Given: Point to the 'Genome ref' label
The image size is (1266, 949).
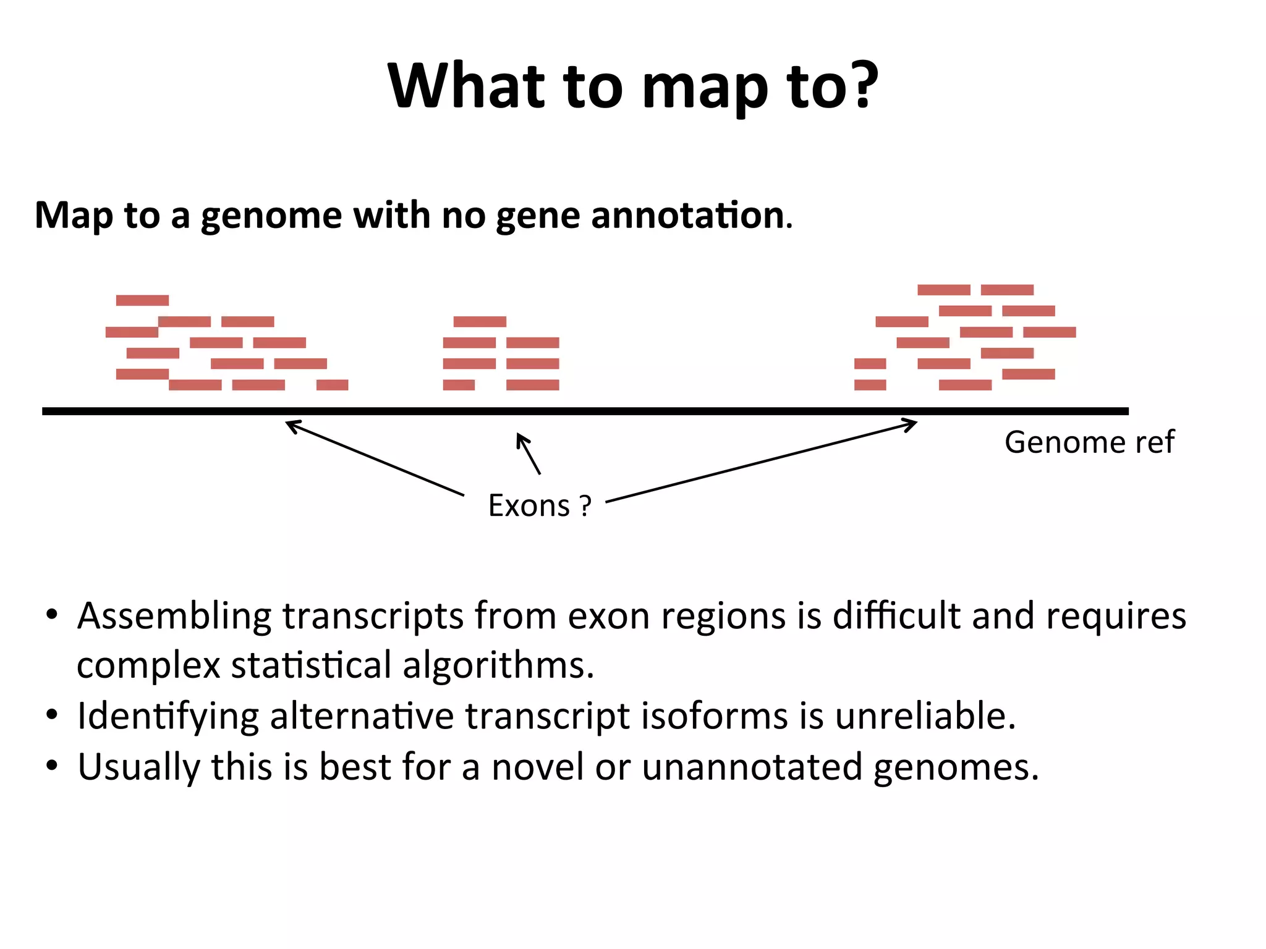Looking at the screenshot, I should tap(1089, 442).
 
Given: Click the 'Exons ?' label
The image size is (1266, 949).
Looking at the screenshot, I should tap(540, 506).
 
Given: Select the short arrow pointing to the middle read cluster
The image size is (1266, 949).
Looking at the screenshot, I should tap(529, 453).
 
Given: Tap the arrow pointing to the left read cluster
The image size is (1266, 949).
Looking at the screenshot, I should tap(375, 458).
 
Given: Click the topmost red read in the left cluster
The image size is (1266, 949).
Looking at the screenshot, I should tap(142, 300).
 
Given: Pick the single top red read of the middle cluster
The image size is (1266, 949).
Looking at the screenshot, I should tap(480, 321).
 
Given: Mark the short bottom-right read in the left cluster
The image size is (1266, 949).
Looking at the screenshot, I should tap(332, 385).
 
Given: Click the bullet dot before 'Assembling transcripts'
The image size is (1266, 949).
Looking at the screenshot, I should tap(52, 615).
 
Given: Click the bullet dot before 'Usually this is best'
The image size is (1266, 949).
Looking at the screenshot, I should tap(52, 766).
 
